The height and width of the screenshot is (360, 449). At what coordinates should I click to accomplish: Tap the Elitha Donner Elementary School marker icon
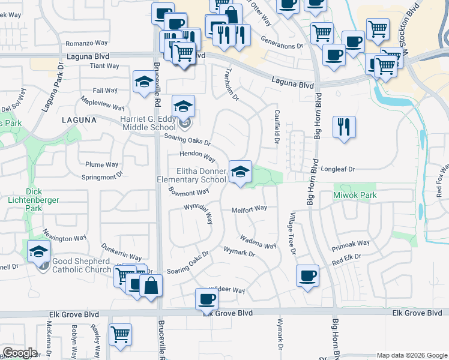pos(240,173)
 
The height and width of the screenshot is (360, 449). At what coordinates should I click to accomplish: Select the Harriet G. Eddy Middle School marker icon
pos(183,107)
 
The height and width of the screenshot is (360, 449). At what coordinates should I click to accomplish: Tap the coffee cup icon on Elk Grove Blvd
pos(207,299)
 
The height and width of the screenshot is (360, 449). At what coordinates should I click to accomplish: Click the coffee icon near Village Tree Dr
pos(308,275)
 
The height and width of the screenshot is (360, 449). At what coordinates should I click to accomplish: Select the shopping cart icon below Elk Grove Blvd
pos(120,334)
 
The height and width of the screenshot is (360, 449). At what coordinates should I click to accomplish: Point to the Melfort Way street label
pos(249,209)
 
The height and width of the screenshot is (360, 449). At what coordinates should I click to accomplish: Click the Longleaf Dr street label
pos(339,169)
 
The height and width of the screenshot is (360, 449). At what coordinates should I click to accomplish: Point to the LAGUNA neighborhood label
pos(79,120)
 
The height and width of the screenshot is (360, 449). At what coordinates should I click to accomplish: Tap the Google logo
pos(20,353)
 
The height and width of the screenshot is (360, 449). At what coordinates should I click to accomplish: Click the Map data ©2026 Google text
pos(411,355)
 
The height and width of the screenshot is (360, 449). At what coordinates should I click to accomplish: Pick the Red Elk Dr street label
pos(346,259)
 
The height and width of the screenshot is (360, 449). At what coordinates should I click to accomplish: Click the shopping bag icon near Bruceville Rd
pos(151,287)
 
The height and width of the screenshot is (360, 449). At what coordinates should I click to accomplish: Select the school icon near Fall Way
pos(143,83)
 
